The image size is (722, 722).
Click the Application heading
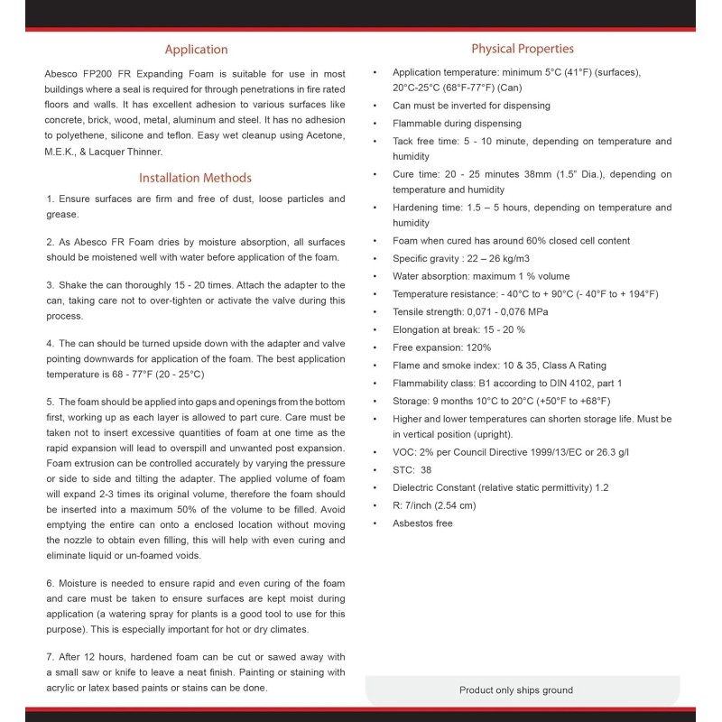point(196,50)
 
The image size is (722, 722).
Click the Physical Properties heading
point(522,49)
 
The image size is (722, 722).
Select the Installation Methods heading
point(195,178)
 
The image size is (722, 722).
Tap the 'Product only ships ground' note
point(515,690)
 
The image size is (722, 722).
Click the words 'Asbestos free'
point(422,523)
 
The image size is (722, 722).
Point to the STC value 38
point(426,470)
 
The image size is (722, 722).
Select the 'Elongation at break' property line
point(458,329)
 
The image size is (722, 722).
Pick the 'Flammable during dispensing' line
point(457,124)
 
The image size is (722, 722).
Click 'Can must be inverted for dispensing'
point(471,106)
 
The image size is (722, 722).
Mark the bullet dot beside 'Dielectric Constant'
point(375,488)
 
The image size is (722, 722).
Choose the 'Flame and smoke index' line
point(499,366)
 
